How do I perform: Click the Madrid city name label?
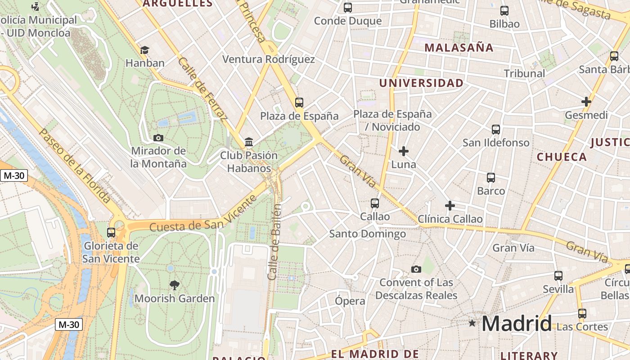pos(517,324)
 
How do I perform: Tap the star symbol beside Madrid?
pos(472,323)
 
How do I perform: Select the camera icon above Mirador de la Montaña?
pos(158,138)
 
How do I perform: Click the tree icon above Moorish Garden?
pos(174,285)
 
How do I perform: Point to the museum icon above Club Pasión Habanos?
pos(248,142)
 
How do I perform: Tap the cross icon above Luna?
pos(404,151)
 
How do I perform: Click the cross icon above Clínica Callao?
pos(450,206)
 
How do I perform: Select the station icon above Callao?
pos(375,203)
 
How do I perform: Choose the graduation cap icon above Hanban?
pos(144,50)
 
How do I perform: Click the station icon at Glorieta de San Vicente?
pos(111,233)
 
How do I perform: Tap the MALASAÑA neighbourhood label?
pos(459,48)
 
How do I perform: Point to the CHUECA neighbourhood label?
pos(562,157)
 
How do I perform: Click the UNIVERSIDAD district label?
pos(421,83)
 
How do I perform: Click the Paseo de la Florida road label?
pos(74,165)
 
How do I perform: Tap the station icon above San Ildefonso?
pos(496,130)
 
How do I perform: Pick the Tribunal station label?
pos(524,73)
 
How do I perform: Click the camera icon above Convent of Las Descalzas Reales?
pos(416,269)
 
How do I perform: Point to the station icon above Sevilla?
pos(558,276)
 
